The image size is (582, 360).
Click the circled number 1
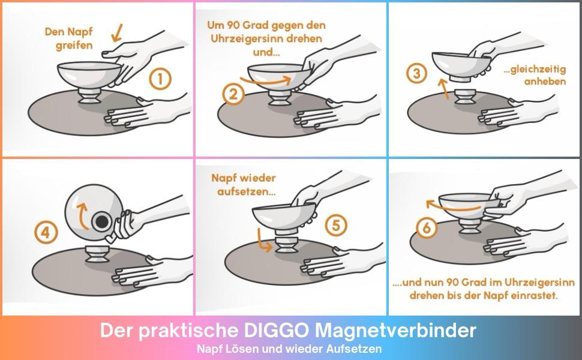click(x=160, y=79)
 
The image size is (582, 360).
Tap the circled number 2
click(x=233, y=95)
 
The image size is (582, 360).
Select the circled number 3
click(x=417, y=73)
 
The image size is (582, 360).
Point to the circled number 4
click(x=46, y=233)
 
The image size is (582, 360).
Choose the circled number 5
click(x=336, y=225)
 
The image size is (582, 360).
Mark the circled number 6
click(x=427, y=228)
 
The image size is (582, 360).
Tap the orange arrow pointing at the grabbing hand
click(x=117, y=32)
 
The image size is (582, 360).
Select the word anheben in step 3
click(x=545, y=81)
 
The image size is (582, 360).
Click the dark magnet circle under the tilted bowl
click(x=102, y=222)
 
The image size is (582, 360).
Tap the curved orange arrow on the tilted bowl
click(x=81, y=215)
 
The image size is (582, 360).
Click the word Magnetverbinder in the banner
click(x=395, y=331)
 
